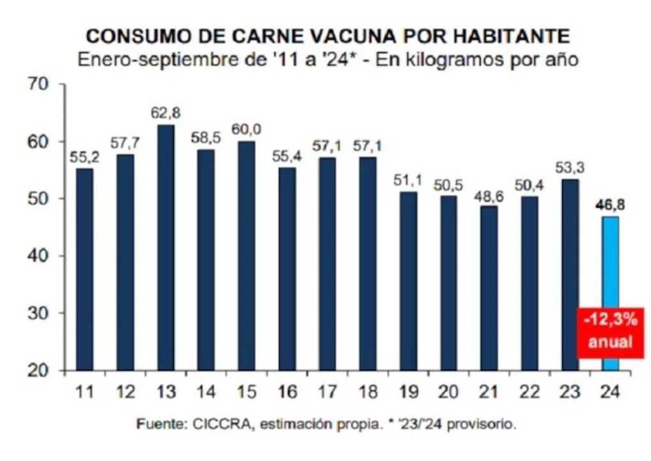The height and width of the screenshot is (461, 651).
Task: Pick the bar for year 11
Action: (x=84, y=269)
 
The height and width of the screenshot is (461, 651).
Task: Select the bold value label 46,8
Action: (x=610, y=205)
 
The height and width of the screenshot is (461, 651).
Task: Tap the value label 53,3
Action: (x=570, y=168)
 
